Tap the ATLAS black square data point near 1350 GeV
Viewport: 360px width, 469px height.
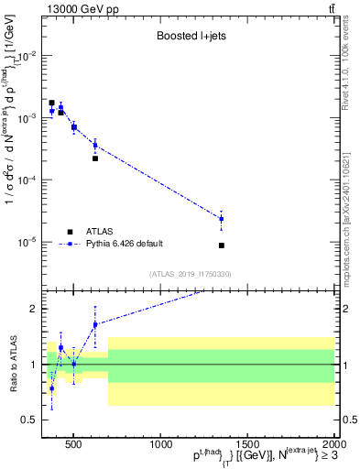coord(222,245)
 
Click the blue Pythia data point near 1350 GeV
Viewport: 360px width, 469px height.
coord(222,219)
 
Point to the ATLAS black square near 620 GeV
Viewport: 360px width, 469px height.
coord(95,158)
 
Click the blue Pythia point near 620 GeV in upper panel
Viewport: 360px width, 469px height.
coord(95,145)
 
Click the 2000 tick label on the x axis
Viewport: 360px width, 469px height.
coord(334,446)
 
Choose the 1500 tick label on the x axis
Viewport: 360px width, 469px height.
coord(247,446)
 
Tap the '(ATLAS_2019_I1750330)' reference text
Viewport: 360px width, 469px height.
coord(190,274)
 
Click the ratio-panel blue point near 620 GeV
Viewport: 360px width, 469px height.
coord(95,324)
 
